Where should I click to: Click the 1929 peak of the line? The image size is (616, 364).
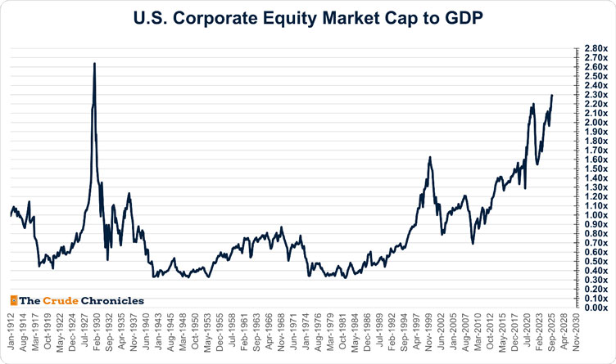pos(94,63)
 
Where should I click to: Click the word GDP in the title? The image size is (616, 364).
pos(462,17)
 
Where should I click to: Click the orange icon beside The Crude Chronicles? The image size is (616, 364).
pos(13,300)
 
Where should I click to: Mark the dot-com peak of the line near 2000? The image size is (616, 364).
pos(429,158)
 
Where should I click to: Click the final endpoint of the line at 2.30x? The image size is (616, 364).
pos(552,96)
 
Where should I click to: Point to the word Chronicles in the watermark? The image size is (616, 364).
pos(115,300)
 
